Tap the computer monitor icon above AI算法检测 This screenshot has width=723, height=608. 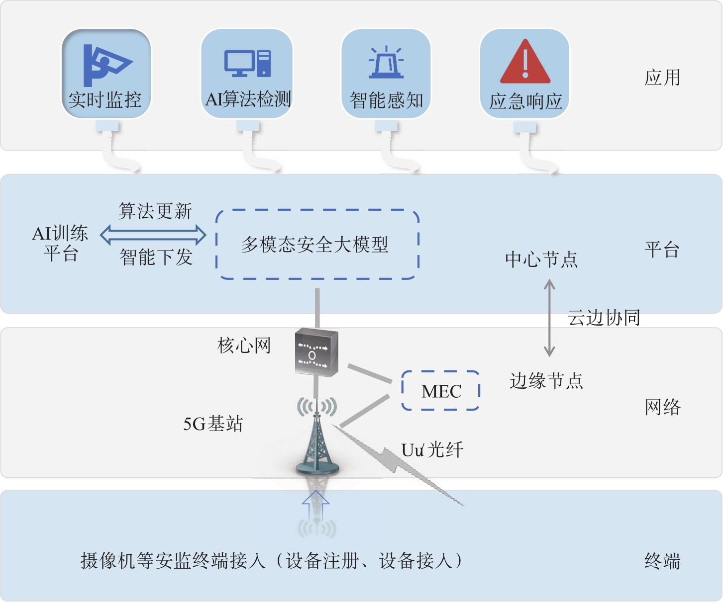247,63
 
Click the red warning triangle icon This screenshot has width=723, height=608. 525,62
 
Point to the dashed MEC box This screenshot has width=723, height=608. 440,391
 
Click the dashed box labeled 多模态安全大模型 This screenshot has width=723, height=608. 317,244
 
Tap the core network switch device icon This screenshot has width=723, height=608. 316,352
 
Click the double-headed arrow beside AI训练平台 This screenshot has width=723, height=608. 153,235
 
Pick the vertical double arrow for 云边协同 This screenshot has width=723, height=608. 549,318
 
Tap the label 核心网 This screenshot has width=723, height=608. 244,346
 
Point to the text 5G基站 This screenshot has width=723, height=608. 213,424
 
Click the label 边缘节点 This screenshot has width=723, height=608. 546,381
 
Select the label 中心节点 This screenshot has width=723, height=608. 541,260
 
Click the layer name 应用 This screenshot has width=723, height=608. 662,78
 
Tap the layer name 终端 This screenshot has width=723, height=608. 662,561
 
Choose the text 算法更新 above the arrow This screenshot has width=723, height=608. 155,211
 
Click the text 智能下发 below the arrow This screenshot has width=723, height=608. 156,258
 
